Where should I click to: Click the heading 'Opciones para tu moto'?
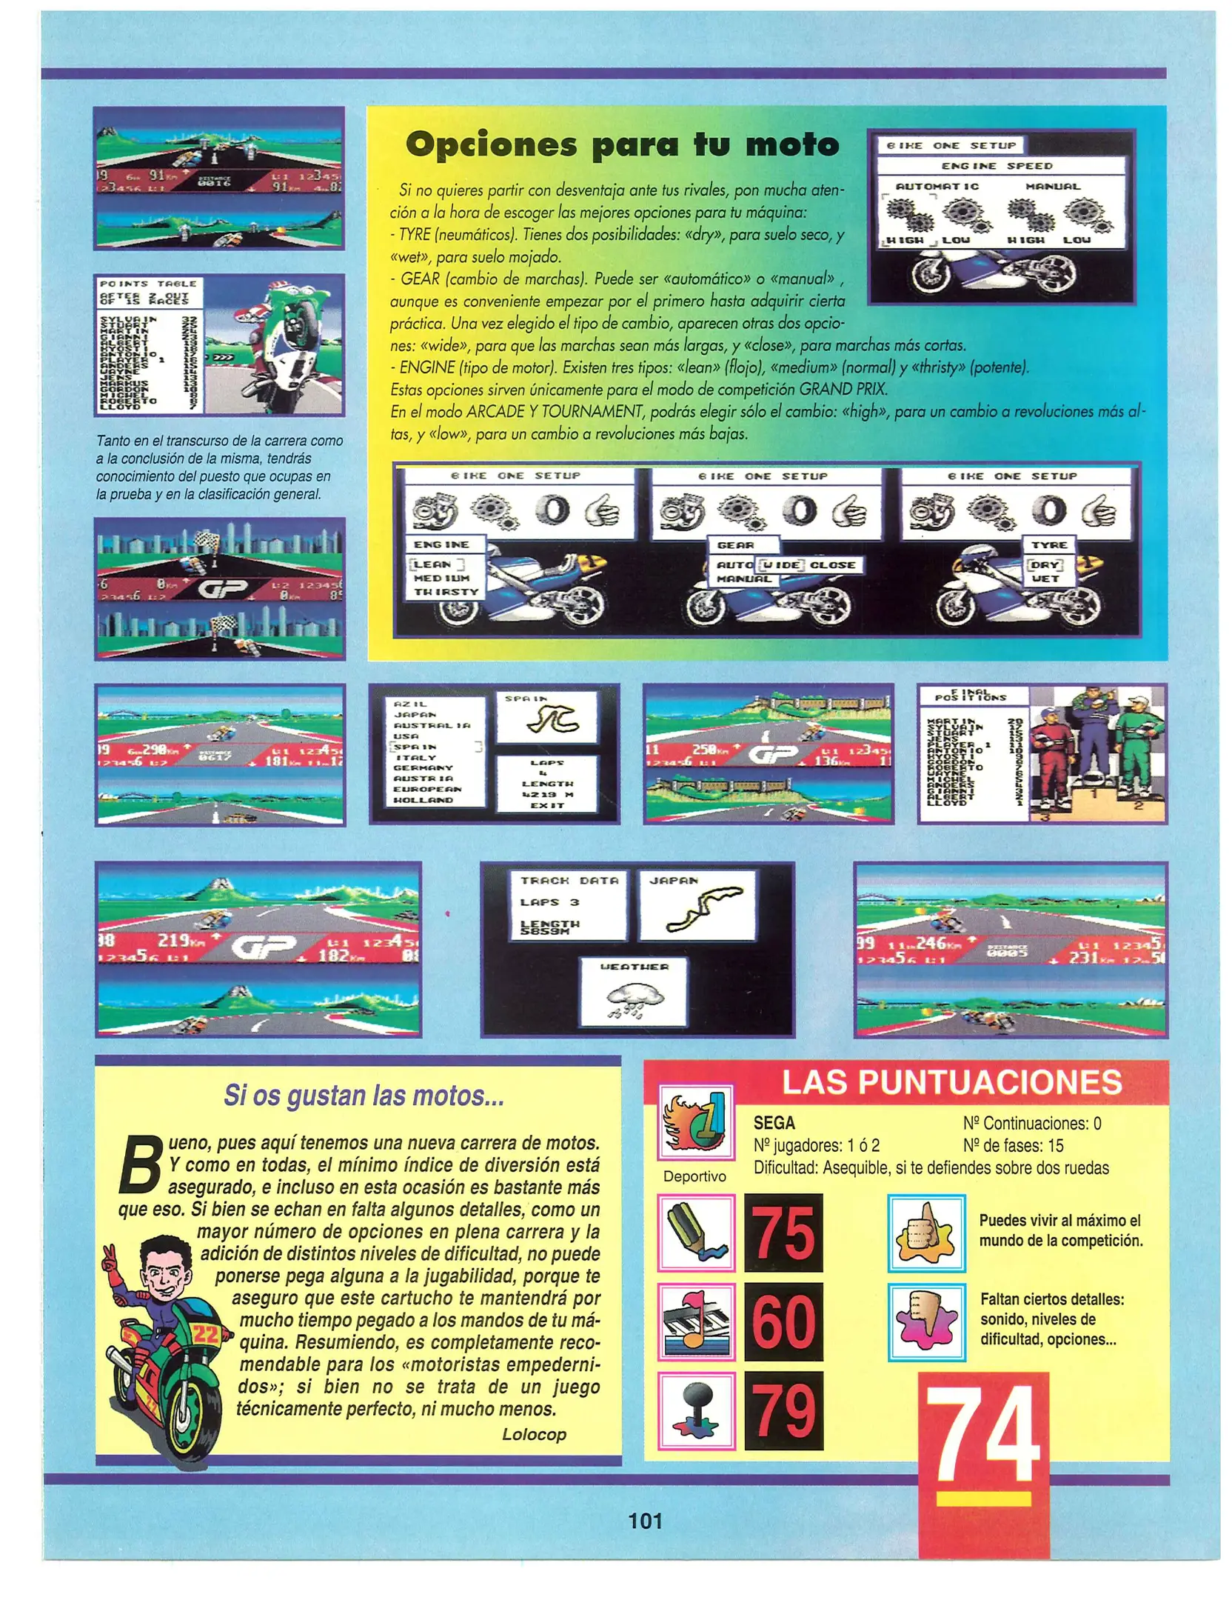[x=622, y=144]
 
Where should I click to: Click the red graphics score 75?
[x=783, y=1233]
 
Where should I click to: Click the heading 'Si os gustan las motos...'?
[x=364, y=1096]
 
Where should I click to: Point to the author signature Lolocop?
[x=534, y=1434]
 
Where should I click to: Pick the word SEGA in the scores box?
[x=774, y=1123]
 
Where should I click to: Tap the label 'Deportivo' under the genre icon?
[x=694, y=1176]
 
